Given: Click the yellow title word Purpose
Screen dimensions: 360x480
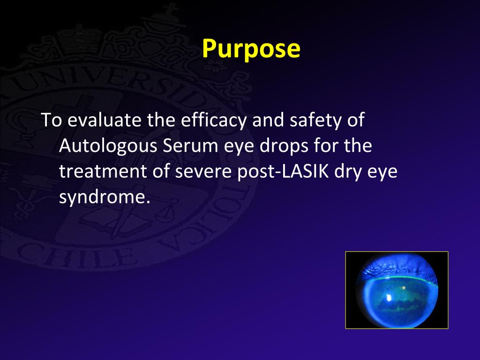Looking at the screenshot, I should click(x=251, y=48).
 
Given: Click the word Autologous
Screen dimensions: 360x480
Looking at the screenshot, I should click(x=108, y=146).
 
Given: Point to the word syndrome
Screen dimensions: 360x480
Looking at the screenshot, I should click(x=104, y=197).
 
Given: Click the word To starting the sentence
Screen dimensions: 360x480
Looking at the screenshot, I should click(x=51, y=120).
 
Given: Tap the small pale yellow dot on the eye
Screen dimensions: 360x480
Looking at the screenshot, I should click(x=403, y=287).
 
